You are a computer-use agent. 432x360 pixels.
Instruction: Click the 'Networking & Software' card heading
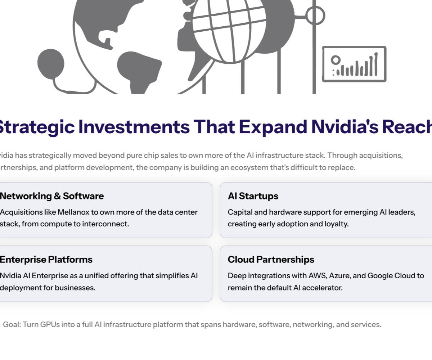(x=51, y=196)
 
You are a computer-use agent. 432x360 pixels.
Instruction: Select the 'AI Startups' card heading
(x=253, y=196)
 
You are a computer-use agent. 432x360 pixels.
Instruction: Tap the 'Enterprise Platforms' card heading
(x=46, y=260)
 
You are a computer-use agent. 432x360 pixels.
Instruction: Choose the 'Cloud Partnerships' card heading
(x=271, y=260)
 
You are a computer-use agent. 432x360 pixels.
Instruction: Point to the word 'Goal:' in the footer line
(x=12, y=325)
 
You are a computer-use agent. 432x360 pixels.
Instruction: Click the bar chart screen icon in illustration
(x=354, y=64)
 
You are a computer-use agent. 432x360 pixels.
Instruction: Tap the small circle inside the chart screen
(x=336, y=59)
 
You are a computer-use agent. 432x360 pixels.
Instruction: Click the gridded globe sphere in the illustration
(x=229, y=29)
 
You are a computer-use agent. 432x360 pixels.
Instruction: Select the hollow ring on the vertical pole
(x=315, y=15)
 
